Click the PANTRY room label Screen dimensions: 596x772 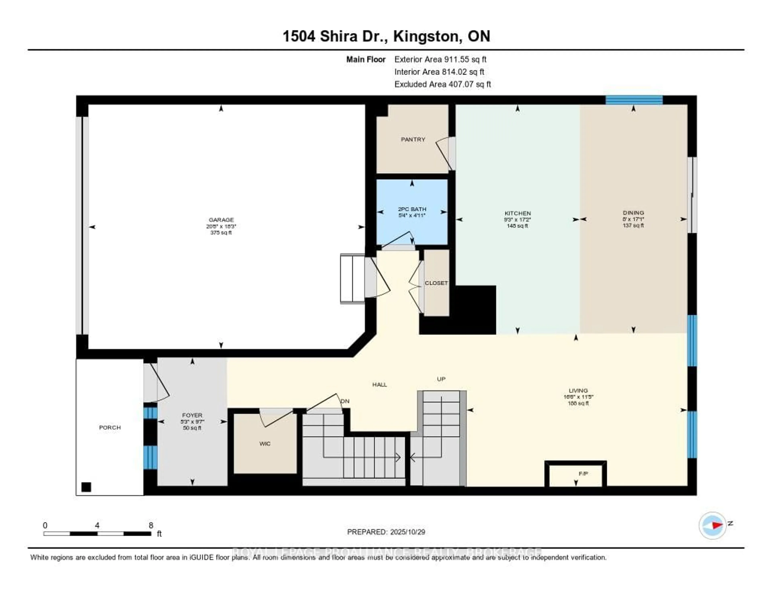point(413,139)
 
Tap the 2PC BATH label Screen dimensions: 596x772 point(412,209)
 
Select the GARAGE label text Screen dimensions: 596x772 point(221,220)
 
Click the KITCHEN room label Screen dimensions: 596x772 point(517,213)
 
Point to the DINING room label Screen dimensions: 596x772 point(633,213)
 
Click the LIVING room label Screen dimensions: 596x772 point(578,390)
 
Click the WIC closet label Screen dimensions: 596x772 point(265,444)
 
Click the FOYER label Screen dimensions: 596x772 point(192,415)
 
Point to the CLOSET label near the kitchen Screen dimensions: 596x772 point(436,283)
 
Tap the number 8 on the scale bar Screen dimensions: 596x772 point(151,525)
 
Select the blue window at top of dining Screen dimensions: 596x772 point(634,100)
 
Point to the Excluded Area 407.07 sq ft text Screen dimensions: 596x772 point(442,84)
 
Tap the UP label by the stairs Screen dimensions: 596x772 point(441,379)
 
